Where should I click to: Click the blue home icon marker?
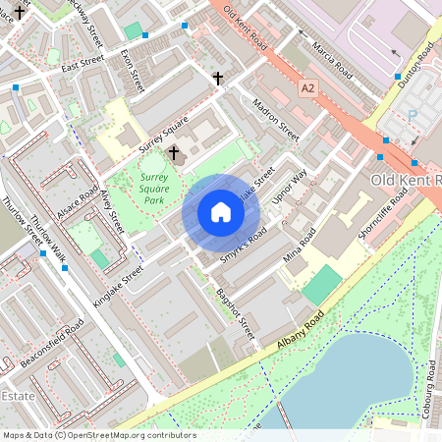[221, 212]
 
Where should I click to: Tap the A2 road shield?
[309, 88]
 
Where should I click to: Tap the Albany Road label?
[301, 333]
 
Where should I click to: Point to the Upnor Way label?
[289, 188]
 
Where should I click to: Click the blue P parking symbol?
[412, 115]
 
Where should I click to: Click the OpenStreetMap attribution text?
[99, 434]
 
